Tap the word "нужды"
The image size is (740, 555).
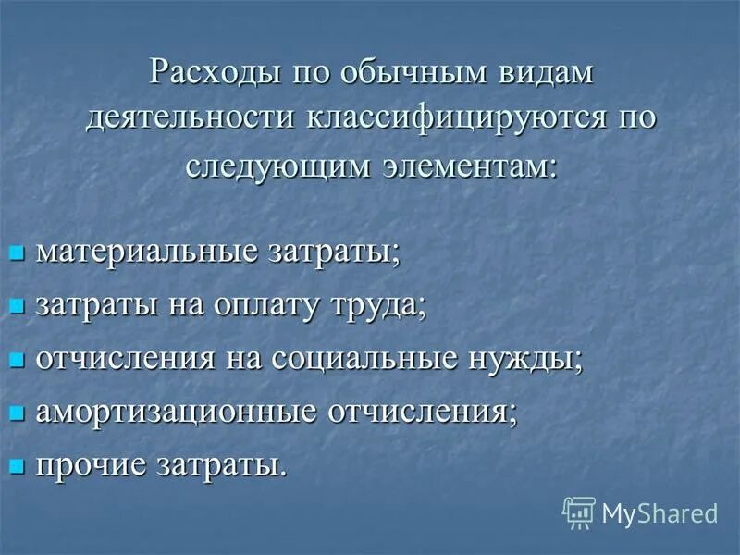coord(527,358)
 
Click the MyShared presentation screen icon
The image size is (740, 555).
coord(578,512)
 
